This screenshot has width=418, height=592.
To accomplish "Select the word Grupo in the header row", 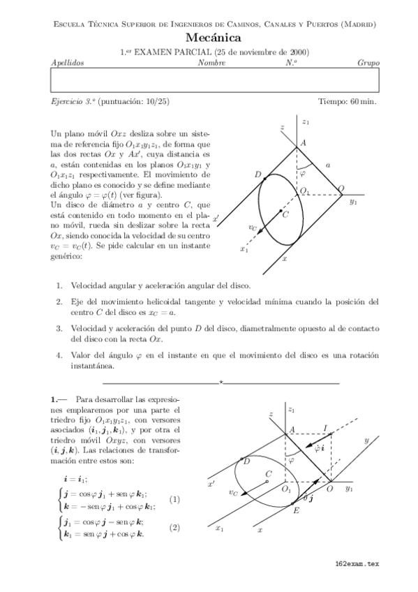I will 368,63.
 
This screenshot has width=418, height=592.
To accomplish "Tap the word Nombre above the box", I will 211,63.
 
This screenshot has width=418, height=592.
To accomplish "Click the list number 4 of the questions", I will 59,355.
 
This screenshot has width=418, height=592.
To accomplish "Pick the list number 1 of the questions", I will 59,286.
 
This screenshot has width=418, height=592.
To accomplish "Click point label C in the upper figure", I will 285,216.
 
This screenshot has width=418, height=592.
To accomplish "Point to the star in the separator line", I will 221,383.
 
